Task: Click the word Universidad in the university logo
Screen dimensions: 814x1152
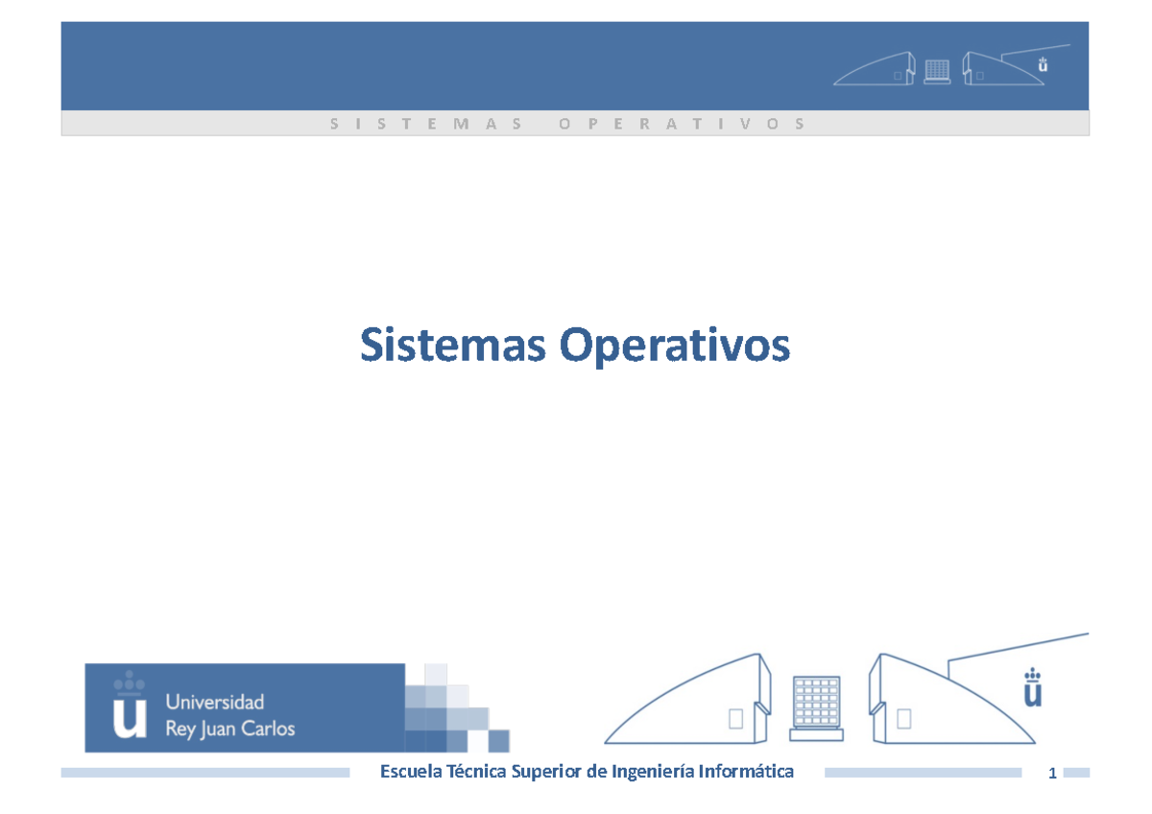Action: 215,702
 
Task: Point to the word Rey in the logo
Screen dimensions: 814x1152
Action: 181,728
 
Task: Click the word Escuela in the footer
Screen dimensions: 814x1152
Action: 412,771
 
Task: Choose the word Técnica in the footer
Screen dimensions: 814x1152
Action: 476,771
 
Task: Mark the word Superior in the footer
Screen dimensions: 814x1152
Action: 546,771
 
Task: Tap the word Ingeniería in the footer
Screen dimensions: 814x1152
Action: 653,771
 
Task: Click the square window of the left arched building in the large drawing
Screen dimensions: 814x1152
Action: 736,719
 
